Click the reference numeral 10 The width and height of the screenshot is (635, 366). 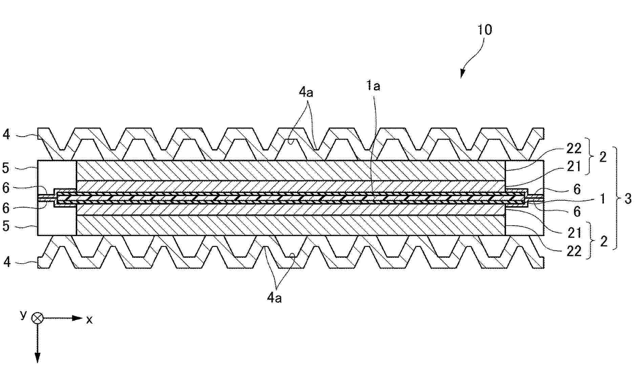[x=485, y=30]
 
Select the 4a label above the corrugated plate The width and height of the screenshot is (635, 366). [x=306, y=92]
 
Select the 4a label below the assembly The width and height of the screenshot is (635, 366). [x=274, y=298]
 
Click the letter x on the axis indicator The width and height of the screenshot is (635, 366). [x=89, y=320]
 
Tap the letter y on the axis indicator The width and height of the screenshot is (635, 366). [x=23, y=314]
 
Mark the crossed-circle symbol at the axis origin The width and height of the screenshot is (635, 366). [x=37, y=318]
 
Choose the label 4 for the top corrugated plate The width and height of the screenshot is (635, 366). [x=6, y=135]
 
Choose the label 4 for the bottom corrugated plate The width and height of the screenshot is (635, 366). [x=7, y=262]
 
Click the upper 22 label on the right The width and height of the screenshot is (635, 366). [x=574, y=148]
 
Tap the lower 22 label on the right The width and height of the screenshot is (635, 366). [x=574, y=251]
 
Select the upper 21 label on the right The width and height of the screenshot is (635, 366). [x=574, y=166]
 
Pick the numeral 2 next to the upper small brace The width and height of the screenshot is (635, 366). [x=603, y=157]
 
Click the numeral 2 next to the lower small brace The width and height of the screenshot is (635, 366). [x=604, y=242]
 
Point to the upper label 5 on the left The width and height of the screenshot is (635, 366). [x=6, y=168]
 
